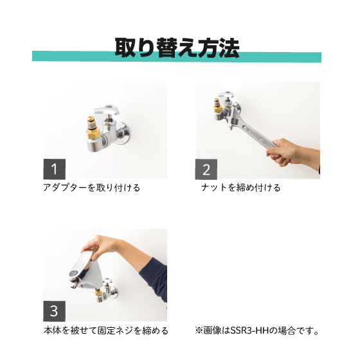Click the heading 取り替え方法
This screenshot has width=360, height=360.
pos(177,48)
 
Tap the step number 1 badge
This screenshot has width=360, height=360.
pos(55,169)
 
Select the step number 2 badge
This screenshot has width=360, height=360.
pos(206,170)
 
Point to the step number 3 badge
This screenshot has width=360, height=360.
pos(54,311)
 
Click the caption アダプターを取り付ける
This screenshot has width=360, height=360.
pos(91,188)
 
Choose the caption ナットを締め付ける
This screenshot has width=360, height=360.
pos(241,188)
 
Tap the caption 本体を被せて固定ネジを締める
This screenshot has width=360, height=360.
pos(106,330)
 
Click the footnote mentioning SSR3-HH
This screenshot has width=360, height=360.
pos(256,330)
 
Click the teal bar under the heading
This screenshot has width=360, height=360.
pos(177,57)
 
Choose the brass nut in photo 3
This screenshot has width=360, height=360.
pos(98,292)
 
